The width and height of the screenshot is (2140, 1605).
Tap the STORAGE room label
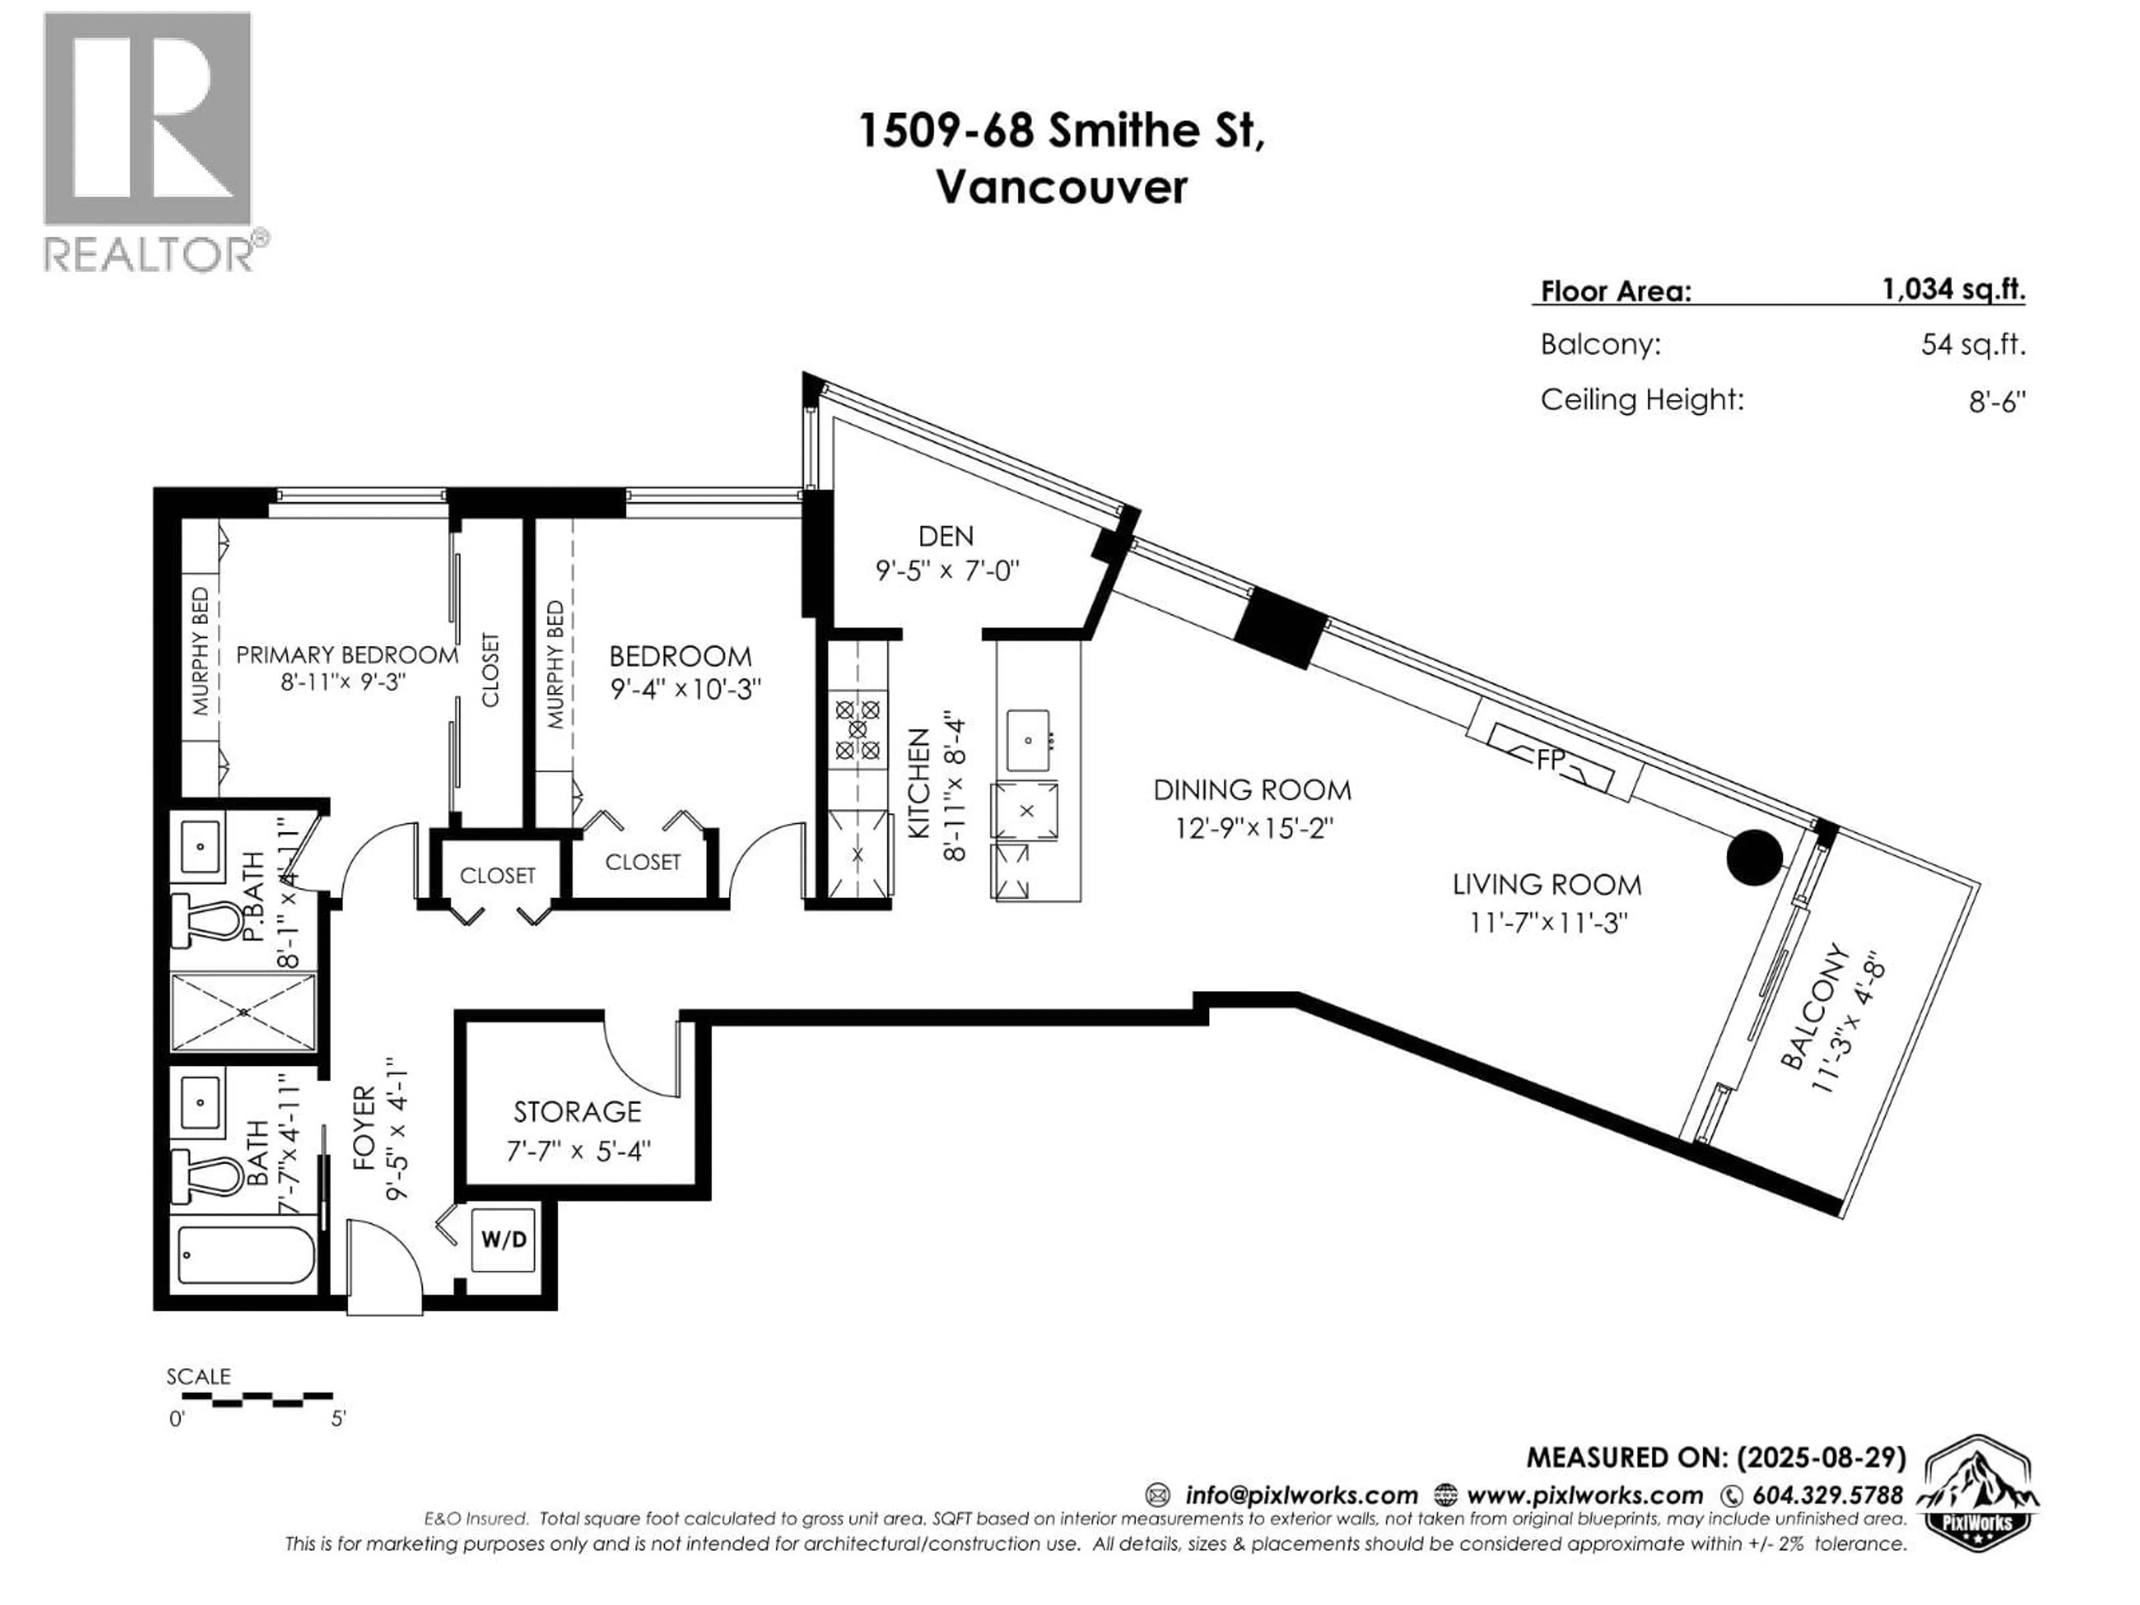(x=577, y=1112)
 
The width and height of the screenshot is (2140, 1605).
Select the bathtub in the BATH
(x=247, y=1255)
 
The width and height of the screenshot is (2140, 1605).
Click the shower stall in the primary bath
(x=243, y=1012)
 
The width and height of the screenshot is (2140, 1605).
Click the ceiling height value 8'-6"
(x=1996, y=401)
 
